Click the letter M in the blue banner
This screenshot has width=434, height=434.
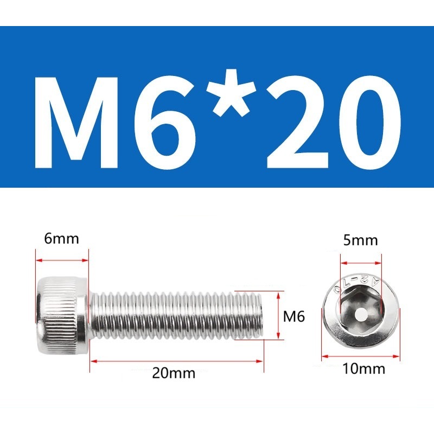(x=76, y=123)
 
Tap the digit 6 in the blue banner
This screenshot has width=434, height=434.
(x=165, y=123)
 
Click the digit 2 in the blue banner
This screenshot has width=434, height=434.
(x=297, y=122)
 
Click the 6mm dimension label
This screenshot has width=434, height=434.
(x=61, y=239)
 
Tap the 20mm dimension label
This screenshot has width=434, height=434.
(x=174, y=373)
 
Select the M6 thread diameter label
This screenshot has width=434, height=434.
(x=294, y=316)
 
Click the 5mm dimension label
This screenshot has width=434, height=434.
(x=360, y=240)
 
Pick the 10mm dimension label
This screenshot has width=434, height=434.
(x=363, y=369)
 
